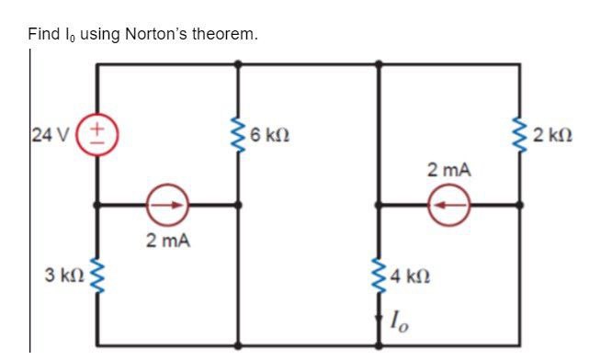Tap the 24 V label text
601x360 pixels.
pos(43,136)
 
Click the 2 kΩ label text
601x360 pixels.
pos(556,136)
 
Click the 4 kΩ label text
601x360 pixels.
pos(412,275)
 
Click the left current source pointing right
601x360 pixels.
pos(169,205)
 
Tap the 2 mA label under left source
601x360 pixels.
pos(169,241)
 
